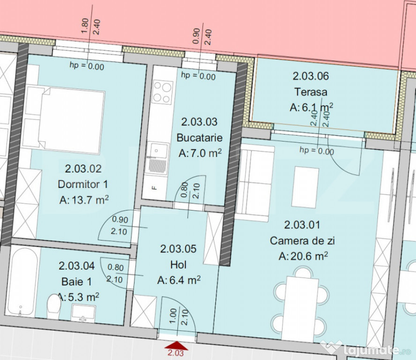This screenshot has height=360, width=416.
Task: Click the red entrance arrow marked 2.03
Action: click(x=176, y=346)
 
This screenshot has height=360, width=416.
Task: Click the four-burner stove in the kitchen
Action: click(x=163, y=92)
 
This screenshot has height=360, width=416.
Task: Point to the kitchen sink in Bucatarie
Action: click(x=157, y=159)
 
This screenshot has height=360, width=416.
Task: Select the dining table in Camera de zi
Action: click(x=300, y=309)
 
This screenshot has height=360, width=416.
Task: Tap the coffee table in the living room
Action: click(x=305, y=187)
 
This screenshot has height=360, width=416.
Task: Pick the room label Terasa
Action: click(x=311, y=92)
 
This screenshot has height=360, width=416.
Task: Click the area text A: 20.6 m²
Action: click(x=303, y=256)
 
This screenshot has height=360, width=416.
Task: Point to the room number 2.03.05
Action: click(x=178, y=249)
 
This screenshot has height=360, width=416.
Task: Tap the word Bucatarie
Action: click(x=200, y=138)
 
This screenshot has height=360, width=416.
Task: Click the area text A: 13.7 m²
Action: click(x=84, y=200)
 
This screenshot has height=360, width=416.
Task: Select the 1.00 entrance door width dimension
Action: click(x=173, y=315)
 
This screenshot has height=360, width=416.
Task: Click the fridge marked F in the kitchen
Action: click(x=154, y=187)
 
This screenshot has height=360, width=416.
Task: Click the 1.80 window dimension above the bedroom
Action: click(x=85, y=26)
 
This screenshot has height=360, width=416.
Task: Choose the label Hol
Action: click(x=178, y=265)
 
